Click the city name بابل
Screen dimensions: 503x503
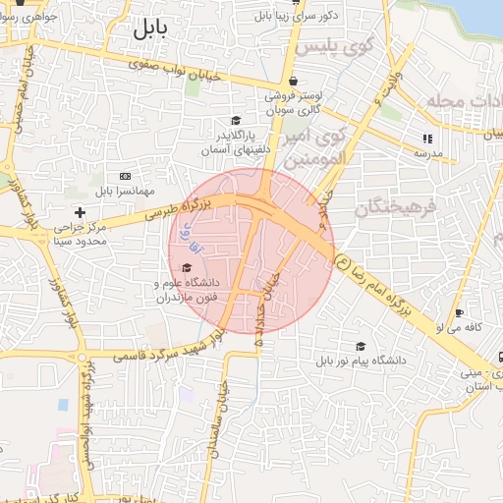[x=150, y=29]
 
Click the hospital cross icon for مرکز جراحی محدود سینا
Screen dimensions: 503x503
[x=81, y=212]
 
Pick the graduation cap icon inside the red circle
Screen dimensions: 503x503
[x=187, y=267]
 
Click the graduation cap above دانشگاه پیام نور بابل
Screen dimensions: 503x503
[x=361, y=346]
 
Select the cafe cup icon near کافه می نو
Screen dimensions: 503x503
[x=458, y=314]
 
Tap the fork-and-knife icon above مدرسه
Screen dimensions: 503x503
[x=426, y=139]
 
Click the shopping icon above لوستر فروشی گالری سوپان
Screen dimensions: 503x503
[x=292, y=83]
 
